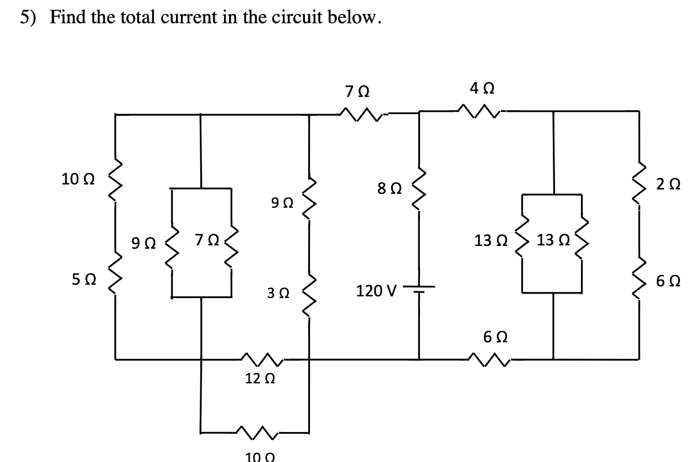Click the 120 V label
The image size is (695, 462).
click(x=376, y=290)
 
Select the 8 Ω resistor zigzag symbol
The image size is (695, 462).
click(x=419, y=188)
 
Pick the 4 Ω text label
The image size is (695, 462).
click(x=481, y=88)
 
